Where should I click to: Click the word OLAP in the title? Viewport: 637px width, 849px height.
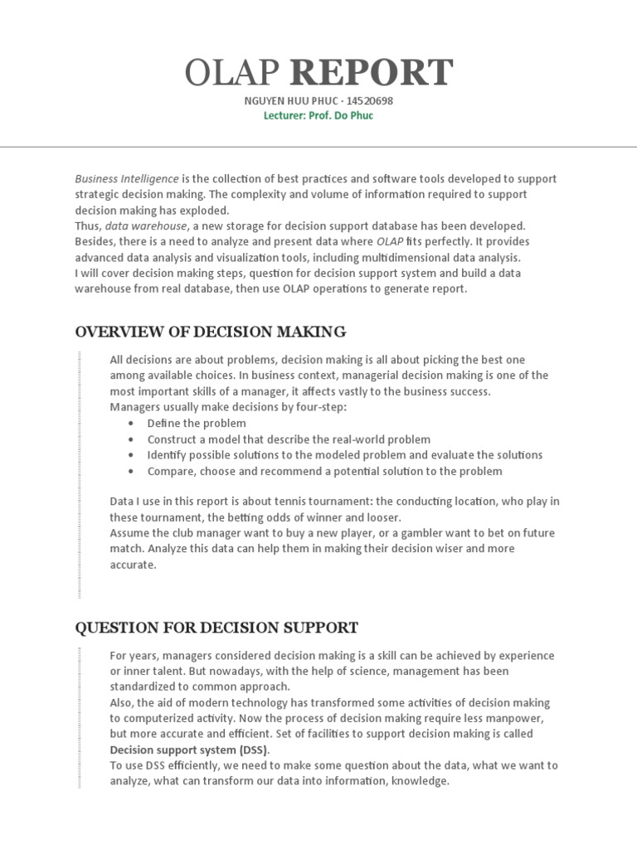pyautogui.click(x=233, y=73)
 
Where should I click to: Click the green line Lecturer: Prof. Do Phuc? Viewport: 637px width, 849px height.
pyautogui.click(x=318, y=116)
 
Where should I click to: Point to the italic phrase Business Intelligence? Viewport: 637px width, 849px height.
pyautogui.click(x=126, y=178)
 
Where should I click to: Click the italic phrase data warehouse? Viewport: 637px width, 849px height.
pyautogui.click(x=144, y=226)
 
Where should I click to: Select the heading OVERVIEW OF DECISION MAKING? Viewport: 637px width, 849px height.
pyautogui.click(x=211, y=332)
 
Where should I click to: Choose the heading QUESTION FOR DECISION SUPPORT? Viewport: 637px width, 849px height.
pyautogui.click(x=216, y=627)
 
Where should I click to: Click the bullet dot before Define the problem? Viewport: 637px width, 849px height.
pyautogui.click(x=131, y=424)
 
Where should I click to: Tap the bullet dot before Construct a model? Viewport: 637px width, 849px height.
pyautogui.click(x=131, y=439)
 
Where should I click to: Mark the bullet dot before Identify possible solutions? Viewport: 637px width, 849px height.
pyautogui.click(x=131, y=455)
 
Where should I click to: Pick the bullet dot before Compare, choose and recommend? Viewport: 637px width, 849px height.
pyautogui.click(x=131, y=471)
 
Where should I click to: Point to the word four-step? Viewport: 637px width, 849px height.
pyautogui.click(x=319, y=407)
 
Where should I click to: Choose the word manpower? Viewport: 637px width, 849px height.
pyautogui.click(x=483, y=718)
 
